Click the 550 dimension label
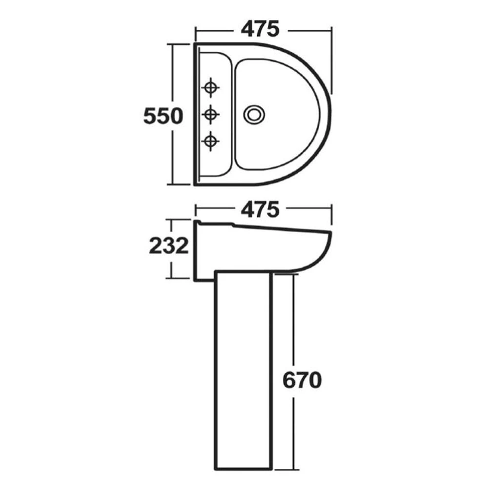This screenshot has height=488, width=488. point(163,116)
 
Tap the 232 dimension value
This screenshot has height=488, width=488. point(169,246)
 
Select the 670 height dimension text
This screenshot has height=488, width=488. point(302,380)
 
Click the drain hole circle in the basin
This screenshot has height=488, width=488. point(254,115)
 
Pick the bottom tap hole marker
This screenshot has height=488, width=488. point(210,141)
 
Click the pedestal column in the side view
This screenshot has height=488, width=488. point(243,371)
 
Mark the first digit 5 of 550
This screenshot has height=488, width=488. point(150,116)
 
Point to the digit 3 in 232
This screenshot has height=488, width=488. point(169,246)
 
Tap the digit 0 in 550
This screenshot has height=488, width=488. point(176,116)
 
